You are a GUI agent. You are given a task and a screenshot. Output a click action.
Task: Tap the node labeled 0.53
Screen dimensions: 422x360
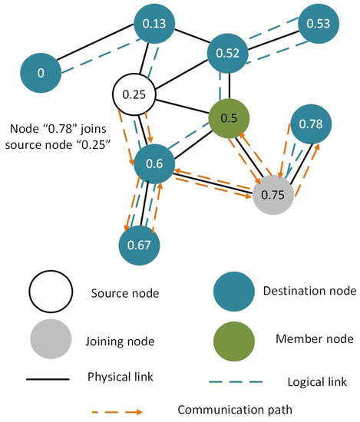click(x=319, y=25)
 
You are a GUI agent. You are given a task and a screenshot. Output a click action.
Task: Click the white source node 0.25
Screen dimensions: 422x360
click(x=134, y=96)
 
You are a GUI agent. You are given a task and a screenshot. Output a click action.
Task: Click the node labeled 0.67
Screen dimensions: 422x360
click(x=140, y=243)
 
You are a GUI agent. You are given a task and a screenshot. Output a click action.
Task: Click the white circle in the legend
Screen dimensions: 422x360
click(x=51, y=292)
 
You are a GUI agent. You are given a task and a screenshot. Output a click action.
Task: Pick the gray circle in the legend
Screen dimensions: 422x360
click(x=51, y=338)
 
